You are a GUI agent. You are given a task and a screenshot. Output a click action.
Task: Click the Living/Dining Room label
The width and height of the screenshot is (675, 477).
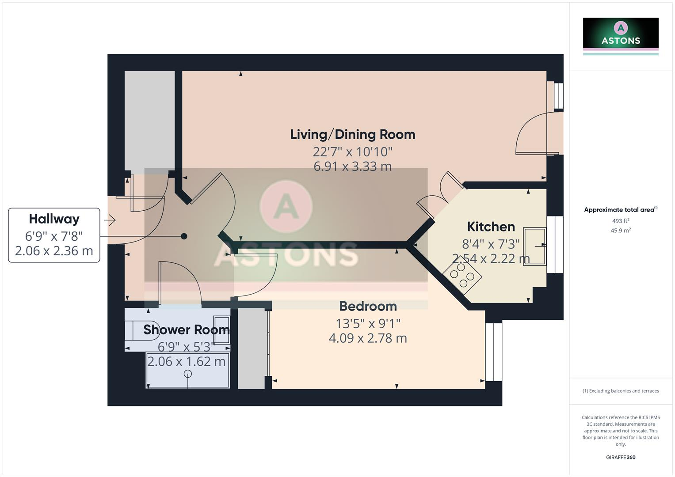point(352,134)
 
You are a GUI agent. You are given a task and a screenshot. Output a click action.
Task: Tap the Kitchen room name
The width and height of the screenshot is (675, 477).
point(491,227)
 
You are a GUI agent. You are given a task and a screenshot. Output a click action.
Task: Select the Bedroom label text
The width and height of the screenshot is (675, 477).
point(368,306)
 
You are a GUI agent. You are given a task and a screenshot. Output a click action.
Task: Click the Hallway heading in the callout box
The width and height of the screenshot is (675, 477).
point(54,219)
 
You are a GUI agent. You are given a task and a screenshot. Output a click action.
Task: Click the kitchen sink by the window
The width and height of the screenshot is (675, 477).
point(534,246)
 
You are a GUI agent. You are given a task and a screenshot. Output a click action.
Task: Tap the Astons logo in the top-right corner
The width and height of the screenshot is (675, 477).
point(621,34)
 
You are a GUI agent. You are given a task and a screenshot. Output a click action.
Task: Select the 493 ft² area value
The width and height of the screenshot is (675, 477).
point(621,221)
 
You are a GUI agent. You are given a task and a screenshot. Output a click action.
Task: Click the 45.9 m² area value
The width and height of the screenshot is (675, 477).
point(621,231)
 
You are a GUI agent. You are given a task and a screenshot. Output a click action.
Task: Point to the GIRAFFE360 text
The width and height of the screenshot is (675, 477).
point(621,457)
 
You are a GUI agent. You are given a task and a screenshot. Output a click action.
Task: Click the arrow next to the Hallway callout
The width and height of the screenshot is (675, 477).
point(110,220)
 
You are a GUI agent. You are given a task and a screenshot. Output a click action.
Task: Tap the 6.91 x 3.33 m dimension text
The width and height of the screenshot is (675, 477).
point(352,167)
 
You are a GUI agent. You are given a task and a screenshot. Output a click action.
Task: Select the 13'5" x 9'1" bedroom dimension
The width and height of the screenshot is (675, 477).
point(368,324)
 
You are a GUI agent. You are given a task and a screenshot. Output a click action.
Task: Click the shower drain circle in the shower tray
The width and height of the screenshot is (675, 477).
point(188,374)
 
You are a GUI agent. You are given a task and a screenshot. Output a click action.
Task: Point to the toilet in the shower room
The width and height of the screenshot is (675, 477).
point(141,330)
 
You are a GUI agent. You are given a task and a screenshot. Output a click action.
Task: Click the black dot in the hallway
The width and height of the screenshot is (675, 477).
point(184,236)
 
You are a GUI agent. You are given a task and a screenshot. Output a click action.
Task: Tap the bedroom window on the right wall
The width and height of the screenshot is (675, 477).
point(494,352)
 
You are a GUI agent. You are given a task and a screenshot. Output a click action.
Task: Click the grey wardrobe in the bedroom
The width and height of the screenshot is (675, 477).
point(252,349)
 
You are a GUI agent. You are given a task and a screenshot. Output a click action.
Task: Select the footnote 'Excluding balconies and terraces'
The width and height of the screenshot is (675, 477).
point(621,391)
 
